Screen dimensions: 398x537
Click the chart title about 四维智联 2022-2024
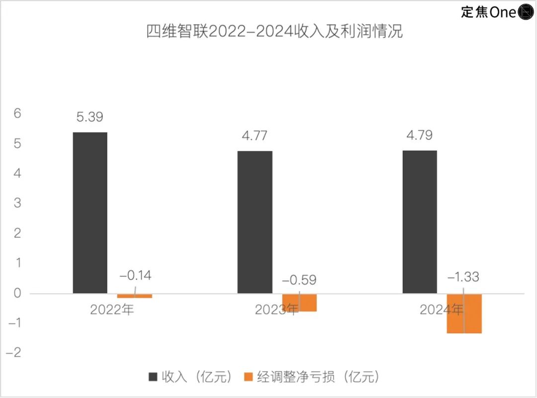pos(274,32)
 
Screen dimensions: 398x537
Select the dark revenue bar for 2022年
pos(90,212)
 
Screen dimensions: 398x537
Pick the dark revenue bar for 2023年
pos(255,222)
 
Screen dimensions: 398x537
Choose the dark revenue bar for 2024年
pos(420,222)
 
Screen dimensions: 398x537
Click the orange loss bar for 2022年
pos(135,296)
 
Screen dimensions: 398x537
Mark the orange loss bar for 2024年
pos(464,313)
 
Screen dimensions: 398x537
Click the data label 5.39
pos(90,117)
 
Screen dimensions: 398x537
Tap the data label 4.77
pos(255,136)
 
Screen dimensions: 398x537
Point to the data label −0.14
pos(135,276)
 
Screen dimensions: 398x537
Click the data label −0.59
pos(299,280)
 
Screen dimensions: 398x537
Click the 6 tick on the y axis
pos(18,114)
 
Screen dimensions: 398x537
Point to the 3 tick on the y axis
pos(18,203)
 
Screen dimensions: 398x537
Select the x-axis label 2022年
pos(112,310)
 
